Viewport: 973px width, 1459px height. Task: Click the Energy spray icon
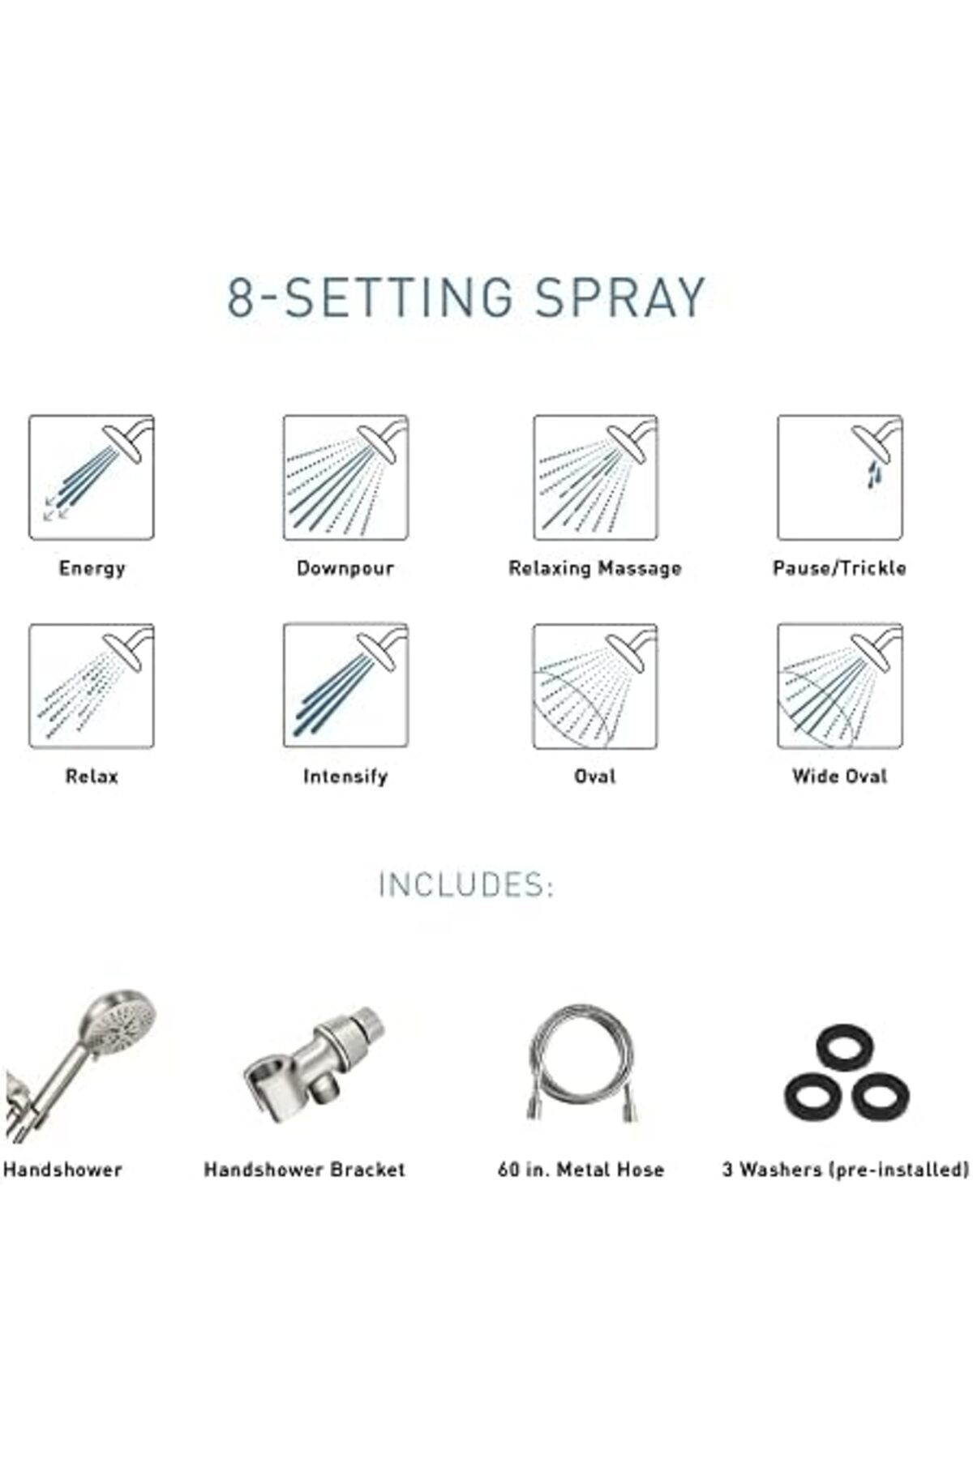(x=92, y=477)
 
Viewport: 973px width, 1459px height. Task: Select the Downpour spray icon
(x=345, y=477)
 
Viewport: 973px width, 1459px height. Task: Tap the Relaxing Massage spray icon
(x=595, y=477)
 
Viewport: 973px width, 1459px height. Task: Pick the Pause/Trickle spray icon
(x=840, y=477)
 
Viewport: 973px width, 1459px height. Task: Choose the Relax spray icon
(x=92, y=686)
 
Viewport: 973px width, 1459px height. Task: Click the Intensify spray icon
(x=345, y=686)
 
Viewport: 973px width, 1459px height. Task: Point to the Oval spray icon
(x=595, y=686)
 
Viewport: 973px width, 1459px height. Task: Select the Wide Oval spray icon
(x=840, y=686)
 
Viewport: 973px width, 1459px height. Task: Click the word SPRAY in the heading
(x=619, y=297)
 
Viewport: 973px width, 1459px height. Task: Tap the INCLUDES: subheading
(x=466, y=885)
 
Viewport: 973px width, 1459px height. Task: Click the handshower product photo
(x=81, y=1063)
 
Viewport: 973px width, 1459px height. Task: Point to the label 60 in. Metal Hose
(x=581, y=1170)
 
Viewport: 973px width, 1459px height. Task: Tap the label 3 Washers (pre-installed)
(x=846, y=1170)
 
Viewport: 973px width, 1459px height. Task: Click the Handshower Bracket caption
(x=304, y=1170)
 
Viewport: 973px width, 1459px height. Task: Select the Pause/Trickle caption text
(x=839, y=568)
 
